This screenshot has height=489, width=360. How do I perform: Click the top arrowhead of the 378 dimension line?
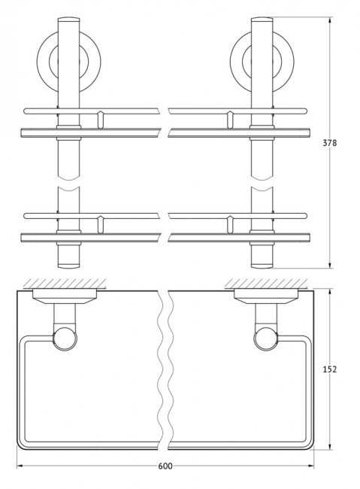pos(329,22)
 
